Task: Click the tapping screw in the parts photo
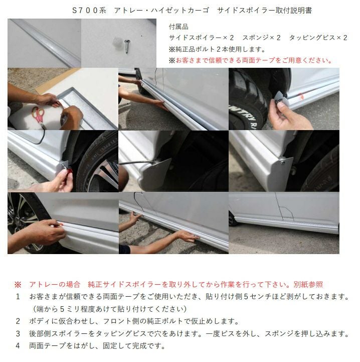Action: [127, 46]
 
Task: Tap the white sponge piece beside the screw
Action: [118, 43]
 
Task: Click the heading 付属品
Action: [178, 27]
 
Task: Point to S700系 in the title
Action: [89, 11]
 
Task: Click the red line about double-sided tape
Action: [251, 60]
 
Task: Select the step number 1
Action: [18, 296]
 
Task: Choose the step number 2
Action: [18, 321]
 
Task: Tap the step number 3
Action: [18, 333]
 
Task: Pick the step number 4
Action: [18, 345]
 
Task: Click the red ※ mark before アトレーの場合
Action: [18, 284]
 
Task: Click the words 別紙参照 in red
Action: [308, 284]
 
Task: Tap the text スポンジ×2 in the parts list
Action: [261, 38]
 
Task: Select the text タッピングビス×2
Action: [318, 38]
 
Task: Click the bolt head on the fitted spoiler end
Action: [282, 163]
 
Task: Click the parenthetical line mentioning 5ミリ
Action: [109, 309]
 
